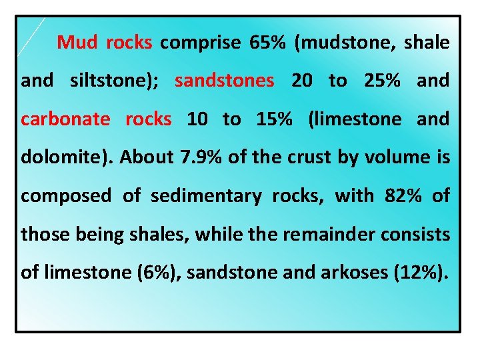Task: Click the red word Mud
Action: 77,43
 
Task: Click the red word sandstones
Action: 224,81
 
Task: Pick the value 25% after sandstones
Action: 383,81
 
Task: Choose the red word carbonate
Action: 65,119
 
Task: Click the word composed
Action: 66,196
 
